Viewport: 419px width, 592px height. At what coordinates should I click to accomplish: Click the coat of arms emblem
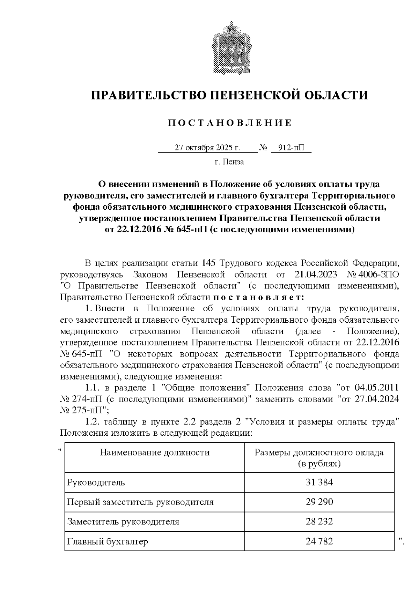229,48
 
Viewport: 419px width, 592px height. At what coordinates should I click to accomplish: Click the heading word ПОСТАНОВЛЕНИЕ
229,123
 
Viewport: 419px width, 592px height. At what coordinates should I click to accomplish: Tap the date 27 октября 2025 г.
207,148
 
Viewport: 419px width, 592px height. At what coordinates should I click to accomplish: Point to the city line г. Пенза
229,162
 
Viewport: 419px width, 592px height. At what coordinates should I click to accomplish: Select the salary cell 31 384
319,483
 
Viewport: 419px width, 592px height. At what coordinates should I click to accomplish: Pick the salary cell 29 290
319,502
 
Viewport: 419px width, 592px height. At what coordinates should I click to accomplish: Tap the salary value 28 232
319,522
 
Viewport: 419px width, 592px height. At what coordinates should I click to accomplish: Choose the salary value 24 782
319,541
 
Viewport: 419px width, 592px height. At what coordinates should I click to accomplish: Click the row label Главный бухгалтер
108,541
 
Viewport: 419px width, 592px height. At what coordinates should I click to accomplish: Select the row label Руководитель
96,483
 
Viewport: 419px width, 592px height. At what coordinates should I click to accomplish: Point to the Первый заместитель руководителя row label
140,502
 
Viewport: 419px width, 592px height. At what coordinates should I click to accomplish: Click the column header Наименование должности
155,453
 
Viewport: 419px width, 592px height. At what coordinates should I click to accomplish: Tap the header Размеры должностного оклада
319,453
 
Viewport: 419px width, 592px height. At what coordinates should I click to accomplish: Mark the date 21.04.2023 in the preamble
316,274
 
